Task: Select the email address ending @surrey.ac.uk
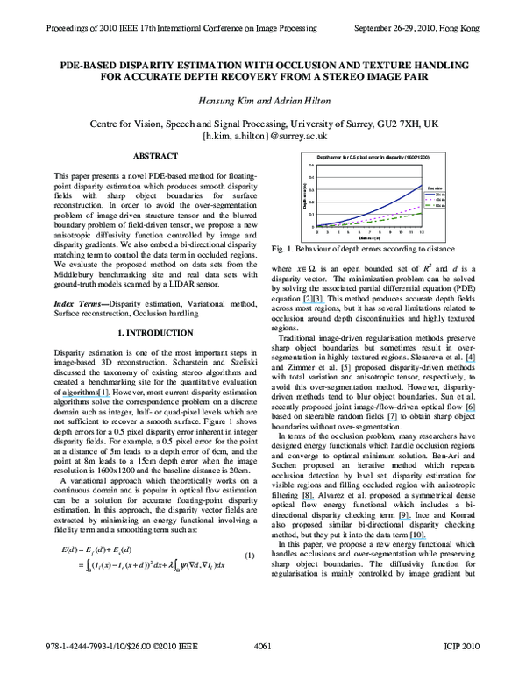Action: click(x=264, y=138)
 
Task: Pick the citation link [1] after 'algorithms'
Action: click(x=107, y=394)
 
